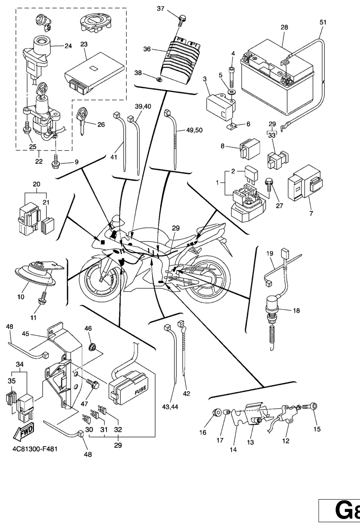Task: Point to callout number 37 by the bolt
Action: [161, 8]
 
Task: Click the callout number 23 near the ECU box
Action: [84, 44]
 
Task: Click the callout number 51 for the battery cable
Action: [323, 22]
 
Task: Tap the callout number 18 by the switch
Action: [296, 311]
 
